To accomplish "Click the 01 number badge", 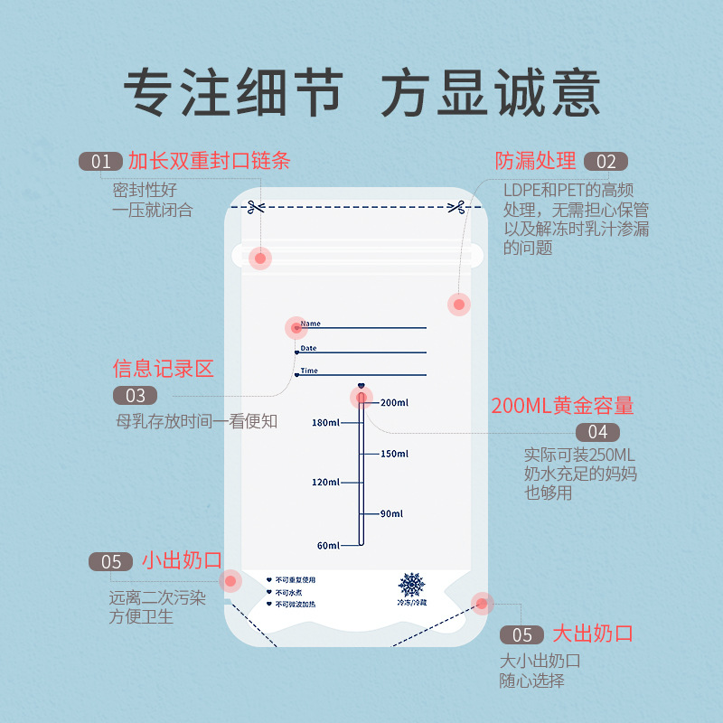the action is click(x=100, y=162).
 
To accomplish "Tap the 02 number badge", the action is click(x=606, y=162).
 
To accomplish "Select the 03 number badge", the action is click(x=135, y=396).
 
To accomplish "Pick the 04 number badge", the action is click(x=597, y=432).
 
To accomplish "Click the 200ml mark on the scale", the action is click(x=394, y=402).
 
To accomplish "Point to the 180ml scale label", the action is click(x=325, y=422).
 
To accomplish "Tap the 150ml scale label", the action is click(x=394, y=454).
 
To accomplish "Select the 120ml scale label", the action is click(x=325, y=483).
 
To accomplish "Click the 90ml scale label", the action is click(x=391, y=513).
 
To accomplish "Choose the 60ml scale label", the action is click(x=328, y=546).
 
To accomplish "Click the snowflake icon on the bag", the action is click(x=411, y=585).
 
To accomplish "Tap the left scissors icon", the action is click(x=255, y=207).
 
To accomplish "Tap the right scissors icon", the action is click(x=456, y=207).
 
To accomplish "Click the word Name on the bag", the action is click(x=310, y=324).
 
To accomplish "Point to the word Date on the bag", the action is click(x=308, y=348).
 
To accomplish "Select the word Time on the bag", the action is click(x=309, y=371).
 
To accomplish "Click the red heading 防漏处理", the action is click(x=535, y=161).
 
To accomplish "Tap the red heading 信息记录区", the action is click(x=164, y=369).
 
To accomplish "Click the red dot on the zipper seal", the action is click(x=260, y=258).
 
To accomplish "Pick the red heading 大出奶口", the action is click(x=593, y=634).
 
